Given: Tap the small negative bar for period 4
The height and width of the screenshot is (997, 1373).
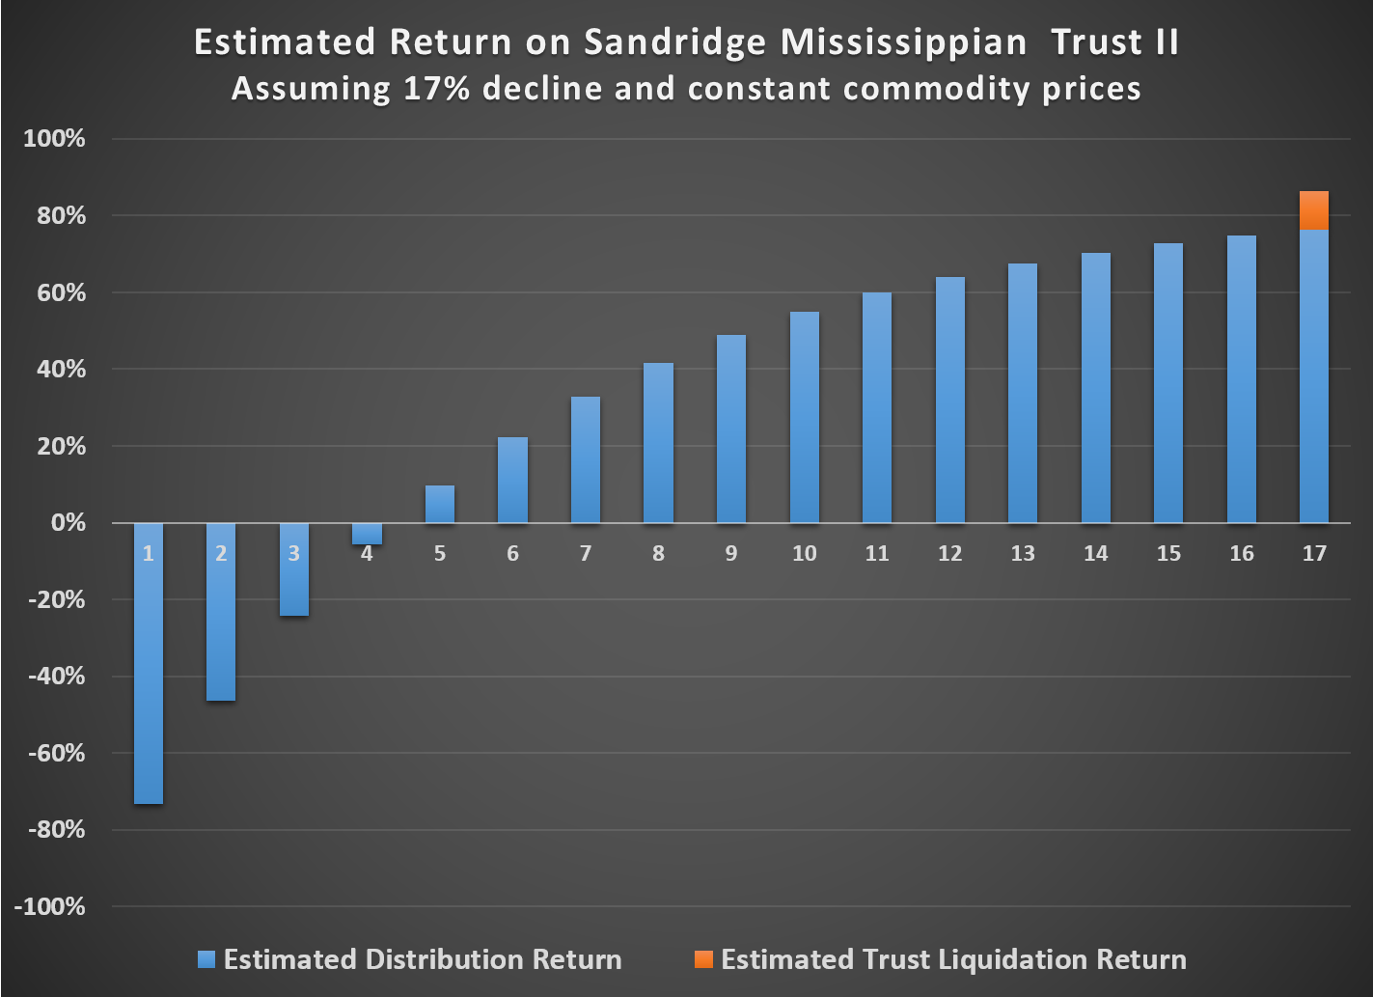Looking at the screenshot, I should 367,534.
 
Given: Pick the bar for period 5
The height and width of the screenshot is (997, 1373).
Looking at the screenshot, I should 440,504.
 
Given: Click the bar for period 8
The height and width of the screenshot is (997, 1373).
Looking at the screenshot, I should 658,443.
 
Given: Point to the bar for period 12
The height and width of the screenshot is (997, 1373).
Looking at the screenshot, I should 949,401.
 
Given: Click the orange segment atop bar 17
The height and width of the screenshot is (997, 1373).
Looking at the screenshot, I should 1314,210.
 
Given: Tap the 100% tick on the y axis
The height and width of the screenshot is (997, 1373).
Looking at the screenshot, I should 55,139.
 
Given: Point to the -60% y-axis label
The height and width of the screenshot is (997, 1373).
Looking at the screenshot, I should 55,753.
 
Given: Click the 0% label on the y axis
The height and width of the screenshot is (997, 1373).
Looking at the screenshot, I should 66,523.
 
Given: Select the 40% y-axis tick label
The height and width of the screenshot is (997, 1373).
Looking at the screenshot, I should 60,370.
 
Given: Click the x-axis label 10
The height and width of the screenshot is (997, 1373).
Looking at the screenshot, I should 804,553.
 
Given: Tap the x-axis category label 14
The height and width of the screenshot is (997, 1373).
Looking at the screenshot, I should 1095,553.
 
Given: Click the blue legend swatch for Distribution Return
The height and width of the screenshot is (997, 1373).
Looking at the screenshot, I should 206,959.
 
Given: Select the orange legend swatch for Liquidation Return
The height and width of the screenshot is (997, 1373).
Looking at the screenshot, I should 703,959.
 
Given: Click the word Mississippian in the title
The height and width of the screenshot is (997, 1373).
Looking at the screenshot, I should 903,43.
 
